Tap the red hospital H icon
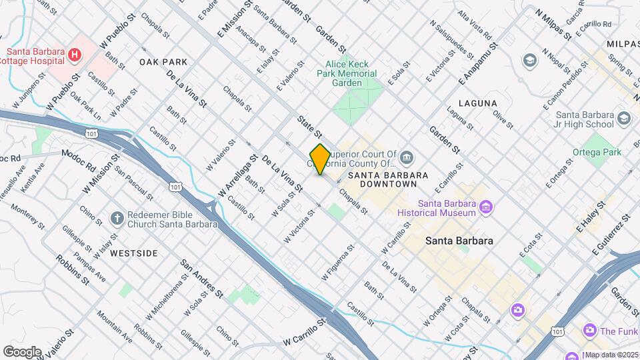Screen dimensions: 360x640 coord(75,54)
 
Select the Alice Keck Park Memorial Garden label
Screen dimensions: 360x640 coord(347,74)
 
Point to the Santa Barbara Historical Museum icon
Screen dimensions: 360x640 coord(487,208)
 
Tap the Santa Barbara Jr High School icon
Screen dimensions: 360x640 coord(624,119)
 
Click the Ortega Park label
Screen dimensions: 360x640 coord(597,152)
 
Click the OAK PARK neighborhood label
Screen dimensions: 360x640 coord(163,62)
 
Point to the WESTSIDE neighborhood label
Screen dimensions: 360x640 coord(133,253)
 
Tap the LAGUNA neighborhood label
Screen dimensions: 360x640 coord(477,103)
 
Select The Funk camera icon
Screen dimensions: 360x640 coord(589,330)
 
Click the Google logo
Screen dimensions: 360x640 coord(22,351)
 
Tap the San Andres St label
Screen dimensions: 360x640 coord(202,279)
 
